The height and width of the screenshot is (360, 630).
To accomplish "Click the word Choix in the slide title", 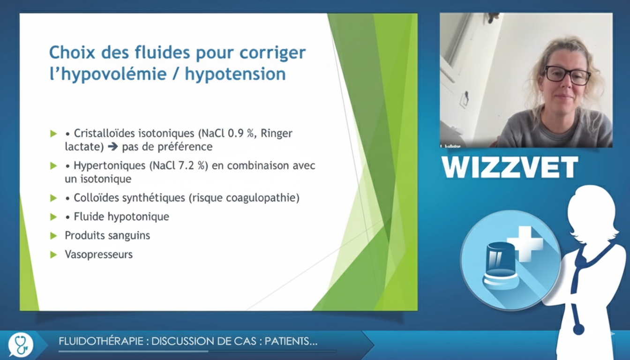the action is [72, 52].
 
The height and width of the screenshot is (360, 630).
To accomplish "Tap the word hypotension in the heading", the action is [235, 74].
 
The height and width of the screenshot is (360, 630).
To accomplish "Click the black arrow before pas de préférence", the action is [113, 147].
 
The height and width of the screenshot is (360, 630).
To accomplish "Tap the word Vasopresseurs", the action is [99, 255].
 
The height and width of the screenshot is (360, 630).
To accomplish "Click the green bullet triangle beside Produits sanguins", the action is [53, 236].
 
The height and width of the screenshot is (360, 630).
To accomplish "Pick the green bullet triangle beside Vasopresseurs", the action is [53, 255].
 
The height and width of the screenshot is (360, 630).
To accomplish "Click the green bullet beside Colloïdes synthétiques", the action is [53, 198].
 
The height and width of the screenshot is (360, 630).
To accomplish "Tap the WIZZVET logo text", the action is [510, 167].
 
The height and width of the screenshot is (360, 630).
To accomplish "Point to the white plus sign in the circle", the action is [525, 244].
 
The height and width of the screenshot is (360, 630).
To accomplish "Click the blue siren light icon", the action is [501, 266].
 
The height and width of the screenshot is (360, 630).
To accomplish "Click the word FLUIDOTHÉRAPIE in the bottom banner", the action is [101, 341].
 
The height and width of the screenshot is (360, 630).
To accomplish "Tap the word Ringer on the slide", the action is [277, 134].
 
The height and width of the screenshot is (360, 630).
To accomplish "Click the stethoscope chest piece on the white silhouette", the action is [578, 330].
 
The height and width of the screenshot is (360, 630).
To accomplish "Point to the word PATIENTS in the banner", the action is [291, 341].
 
